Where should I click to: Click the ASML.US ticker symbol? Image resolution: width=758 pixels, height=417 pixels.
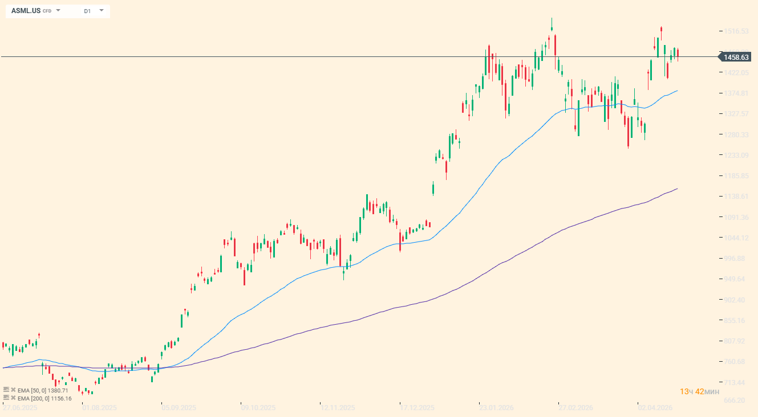point(26,11)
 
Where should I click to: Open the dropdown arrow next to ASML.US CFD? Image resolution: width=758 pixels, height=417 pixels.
point(58,10)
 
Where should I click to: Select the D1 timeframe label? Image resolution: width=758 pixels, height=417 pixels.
point(87,11)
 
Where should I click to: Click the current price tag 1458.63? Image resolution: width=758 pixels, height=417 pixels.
point(736,57)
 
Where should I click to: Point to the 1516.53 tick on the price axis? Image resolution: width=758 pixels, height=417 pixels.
point(736,31)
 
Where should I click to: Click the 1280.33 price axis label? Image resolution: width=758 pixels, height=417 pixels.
point(736,135)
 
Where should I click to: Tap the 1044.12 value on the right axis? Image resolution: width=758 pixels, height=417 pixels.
point(736,238)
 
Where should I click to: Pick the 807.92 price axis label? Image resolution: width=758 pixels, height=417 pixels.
point(736,341)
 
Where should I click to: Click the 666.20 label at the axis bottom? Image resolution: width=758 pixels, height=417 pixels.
point(736,400)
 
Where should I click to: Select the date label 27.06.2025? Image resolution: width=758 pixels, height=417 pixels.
point(20,408)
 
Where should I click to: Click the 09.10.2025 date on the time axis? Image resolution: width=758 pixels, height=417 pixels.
point(258,408)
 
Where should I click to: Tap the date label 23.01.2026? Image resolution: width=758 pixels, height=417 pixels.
point(496,408)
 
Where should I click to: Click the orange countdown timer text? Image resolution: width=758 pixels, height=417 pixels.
point(699,391)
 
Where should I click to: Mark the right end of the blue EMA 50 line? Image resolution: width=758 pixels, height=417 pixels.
point(678,91)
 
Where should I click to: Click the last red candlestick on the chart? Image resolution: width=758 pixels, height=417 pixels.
point(678,55)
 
